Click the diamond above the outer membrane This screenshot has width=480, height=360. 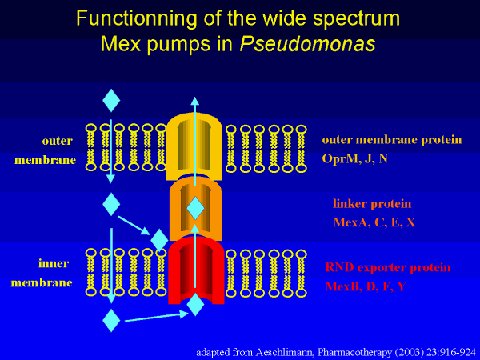111,100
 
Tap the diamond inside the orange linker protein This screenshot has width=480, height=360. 195,210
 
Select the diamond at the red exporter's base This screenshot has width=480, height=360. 195,305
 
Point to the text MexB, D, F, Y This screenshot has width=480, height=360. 366,286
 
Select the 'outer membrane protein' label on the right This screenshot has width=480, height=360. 391,140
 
